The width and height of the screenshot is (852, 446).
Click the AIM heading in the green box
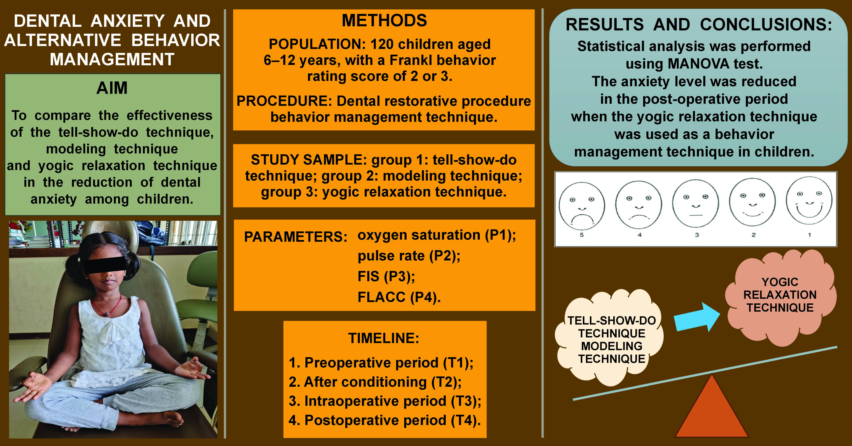pyautogui.click(x=112, y=88)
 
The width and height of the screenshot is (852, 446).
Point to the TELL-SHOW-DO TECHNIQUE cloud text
pyautogui.click(x=612, y=327)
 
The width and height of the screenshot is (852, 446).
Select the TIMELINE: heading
pyautogui.click(x=384, y=338)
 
